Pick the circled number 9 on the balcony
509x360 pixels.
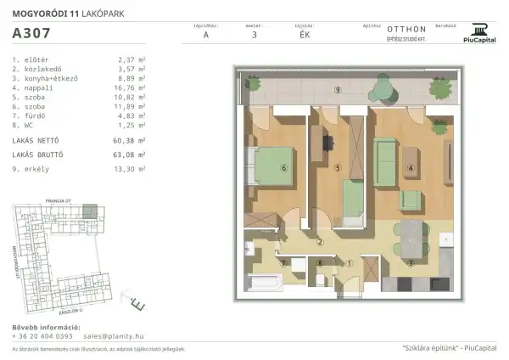pos(338,89)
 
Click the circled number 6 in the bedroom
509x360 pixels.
pos(283,168)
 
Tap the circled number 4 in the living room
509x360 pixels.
pos(411,168)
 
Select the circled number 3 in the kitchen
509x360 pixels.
pos(411,263)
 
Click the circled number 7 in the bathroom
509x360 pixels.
pos(283,263)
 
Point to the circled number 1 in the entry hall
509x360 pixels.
pos(350,263)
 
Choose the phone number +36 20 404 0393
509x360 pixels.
pos(42,335)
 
